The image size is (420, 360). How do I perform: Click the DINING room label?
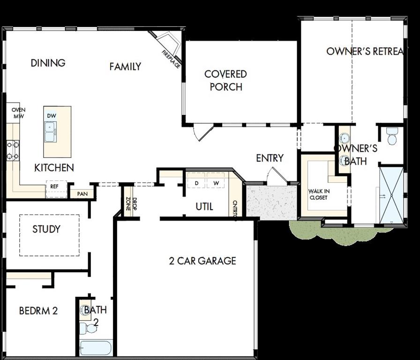click(x=48, y=63)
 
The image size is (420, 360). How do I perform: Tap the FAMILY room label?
click(x=125, y=67)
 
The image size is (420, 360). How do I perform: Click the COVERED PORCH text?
click(x=225, y=80)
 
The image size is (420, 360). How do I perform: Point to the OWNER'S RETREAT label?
click(x=364, y=51)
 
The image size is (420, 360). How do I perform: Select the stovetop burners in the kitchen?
click(x=13, y=150)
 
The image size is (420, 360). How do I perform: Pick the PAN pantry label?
click(x=82, y=193)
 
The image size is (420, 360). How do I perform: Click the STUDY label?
click(x=46, y=229)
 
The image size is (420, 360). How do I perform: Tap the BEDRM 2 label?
click(x=38, y=310)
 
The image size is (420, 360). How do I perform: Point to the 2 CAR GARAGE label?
click(x=202, y=261)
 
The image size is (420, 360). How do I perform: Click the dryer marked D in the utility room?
click(x=197, y=182)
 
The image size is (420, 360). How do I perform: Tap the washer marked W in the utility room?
click(x=216, y=182)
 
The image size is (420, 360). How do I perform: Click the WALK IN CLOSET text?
click(x=319, y=194)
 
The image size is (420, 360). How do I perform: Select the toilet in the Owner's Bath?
click(x=392, y=136)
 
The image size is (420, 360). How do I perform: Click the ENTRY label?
click(x=270, y=158)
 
